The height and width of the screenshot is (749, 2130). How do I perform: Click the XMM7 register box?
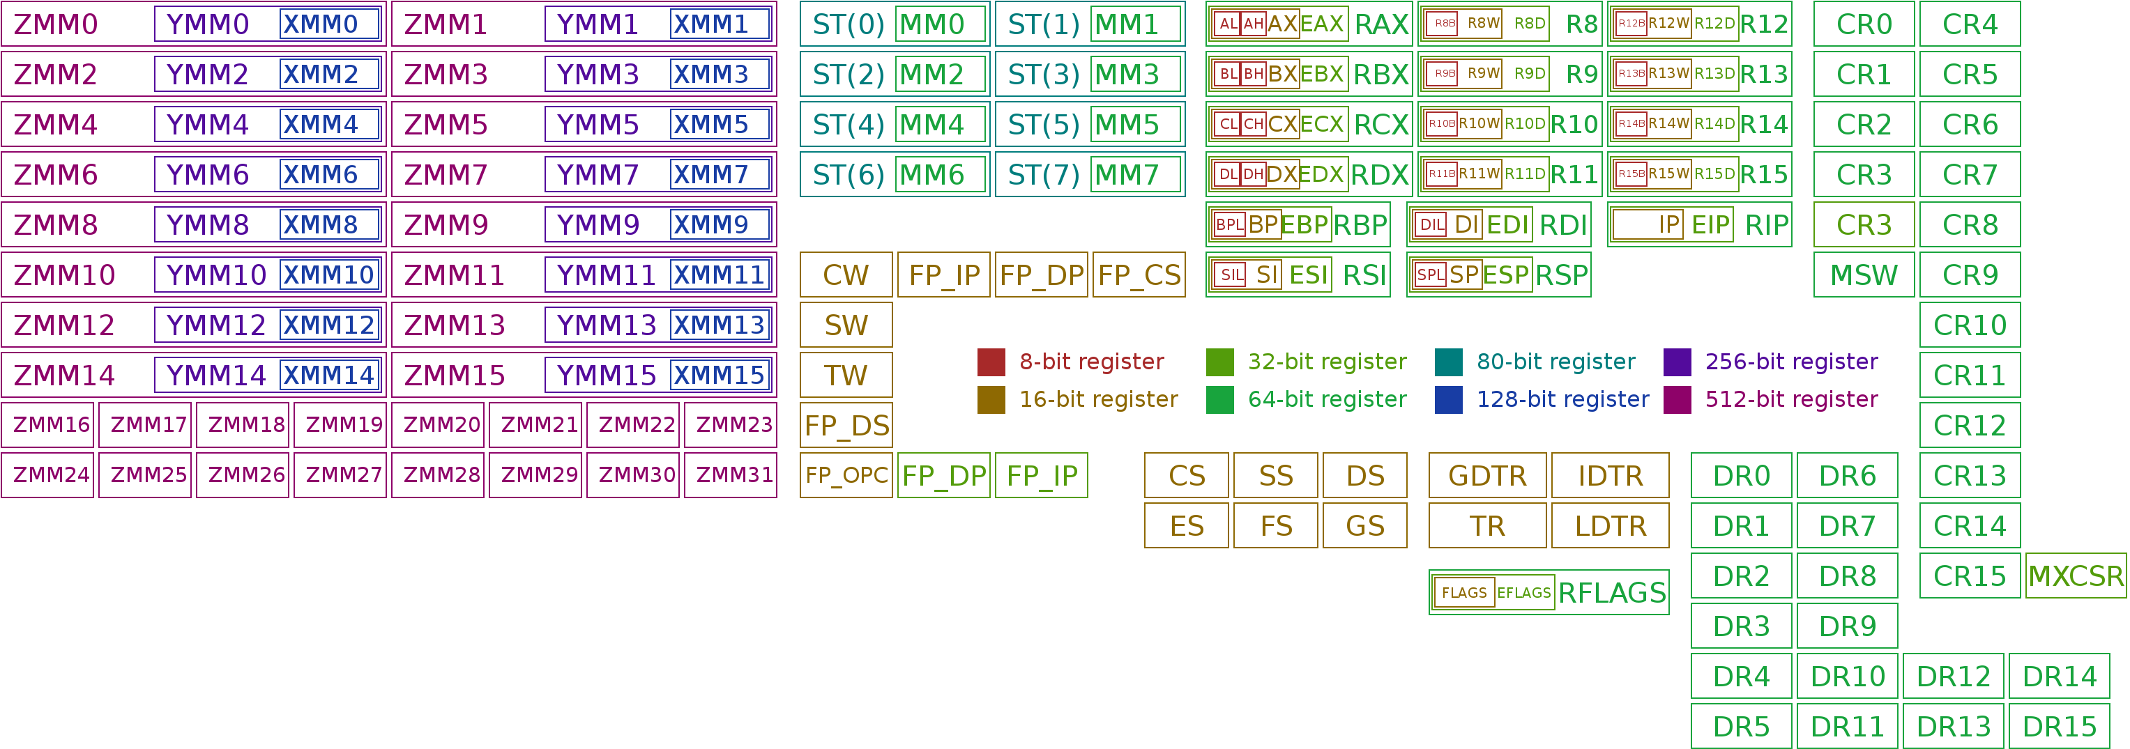pos(720,174)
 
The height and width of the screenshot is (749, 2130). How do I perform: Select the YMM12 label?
pos(216,325)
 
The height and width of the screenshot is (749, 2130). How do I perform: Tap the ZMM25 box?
pos(146,475)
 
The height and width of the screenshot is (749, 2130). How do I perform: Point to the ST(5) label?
pos(1044,125)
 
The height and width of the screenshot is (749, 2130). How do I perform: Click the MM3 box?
pos(1135,75)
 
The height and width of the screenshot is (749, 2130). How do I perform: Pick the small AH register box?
pos(1254,24)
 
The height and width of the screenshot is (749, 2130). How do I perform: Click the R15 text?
pos(1764,174)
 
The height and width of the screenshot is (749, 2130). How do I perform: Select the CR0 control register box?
pos(1864,24)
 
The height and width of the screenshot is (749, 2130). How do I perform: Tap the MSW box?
pos(1864,275)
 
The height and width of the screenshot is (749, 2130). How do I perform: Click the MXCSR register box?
pos(2076,576)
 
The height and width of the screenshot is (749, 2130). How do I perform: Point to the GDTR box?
pos(1486,475)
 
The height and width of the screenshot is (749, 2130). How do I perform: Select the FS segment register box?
pos(1276,526)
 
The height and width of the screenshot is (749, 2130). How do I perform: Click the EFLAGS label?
pos(1524,593)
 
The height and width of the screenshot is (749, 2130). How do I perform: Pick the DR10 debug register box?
pos(1847,677)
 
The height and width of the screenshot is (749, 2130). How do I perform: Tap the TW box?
pos(846,376)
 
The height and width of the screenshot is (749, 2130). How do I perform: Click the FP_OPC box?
pos(846,475)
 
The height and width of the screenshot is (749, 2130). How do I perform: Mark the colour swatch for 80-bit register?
pos(1449,362)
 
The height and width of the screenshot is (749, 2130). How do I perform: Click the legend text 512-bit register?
pos(1791,399)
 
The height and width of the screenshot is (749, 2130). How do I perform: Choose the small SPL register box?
pos(1431,275)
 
